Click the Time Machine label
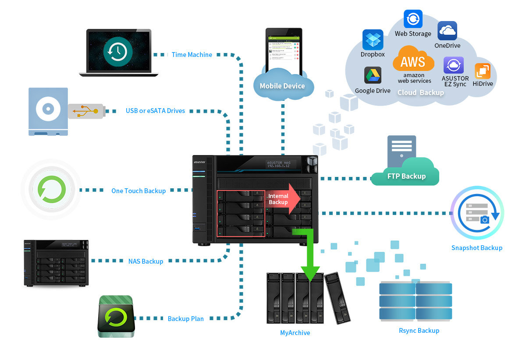[x=192, y=55]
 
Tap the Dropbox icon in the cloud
[x=373, y=40]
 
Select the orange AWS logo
[x=413, y=61]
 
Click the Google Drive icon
[x=373, y=75]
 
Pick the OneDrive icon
[x=447, y=31]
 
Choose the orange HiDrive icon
[x=483, y=71]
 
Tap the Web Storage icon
[x=413, y=19]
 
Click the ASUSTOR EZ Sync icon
[x=453, y=66]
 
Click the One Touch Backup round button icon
[x=51, y=190]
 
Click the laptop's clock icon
[x=118, y=51]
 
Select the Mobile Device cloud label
[x=282, y=86]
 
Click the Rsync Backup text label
[x=419, y=330]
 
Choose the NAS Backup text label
[x=146, y=261]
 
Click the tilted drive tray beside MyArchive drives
[x=337, y=298]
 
